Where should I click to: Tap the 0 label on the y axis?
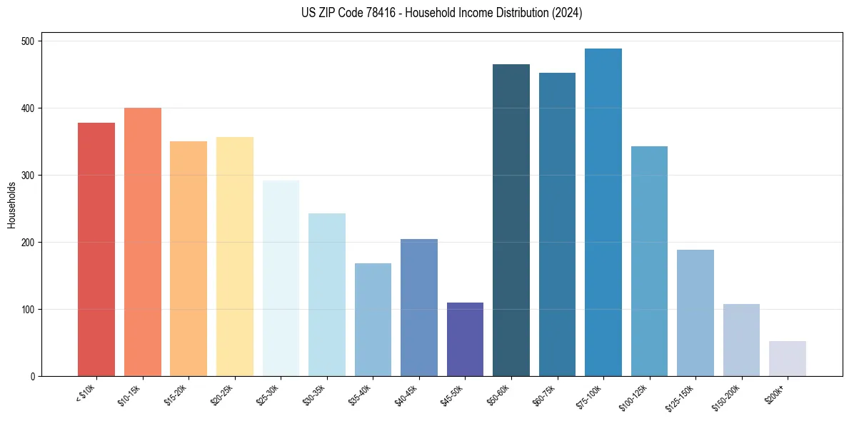click(x=34, y=377)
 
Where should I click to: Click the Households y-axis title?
click(x=11, y=204)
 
